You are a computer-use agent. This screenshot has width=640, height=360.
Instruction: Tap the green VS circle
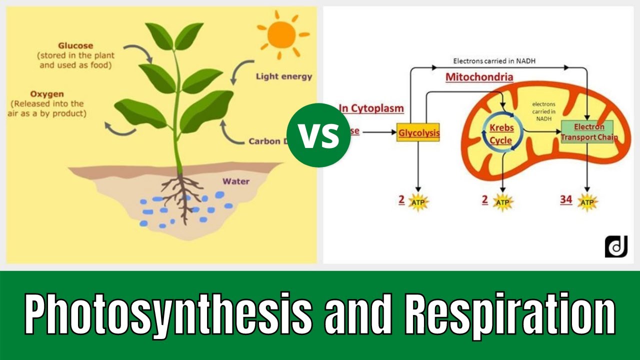tap(319, 135)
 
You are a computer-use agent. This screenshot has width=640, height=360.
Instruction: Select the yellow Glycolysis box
tap(418, 132)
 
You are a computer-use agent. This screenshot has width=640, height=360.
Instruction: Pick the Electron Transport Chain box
tap(589, 132)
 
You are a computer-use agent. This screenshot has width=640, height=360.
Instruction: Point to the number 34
tap(566, 200)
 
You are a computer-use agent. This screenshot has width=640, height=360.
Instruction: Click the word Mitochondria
tap(479, 77)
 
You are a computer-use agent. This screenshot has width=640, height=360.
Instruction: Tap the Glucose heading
tap(75, 46)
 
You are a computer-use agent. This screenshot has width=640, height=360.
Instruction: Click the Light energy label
tap(283, 76)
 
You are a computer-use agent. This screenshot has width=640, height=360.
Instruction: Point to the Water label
tap(235, 181)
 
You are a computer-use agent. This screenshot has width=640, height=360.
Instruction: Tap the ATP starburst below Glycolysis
tap(417, 201)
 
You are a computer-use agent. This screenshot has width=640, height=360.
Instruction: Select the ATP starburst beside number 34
tap(587, 202)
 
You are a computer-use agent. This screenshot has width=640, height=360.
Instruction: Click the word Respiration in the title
tap(509, 315)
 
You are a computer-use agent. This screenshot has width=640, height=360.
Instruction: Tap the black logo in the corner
tap(615, 246)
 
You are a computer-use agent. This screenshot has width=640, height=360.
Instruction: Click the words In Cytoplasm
tap(371, 107)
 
